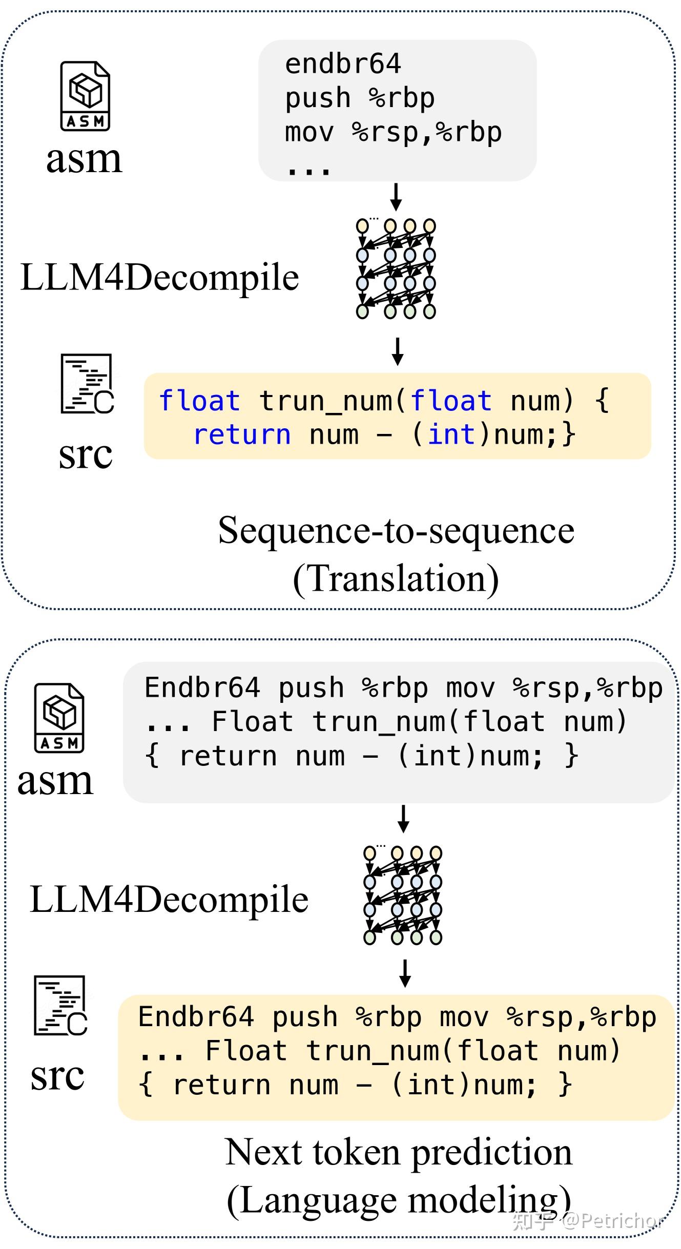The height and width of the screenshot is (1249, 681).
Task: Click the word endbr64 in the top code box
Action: (342, 65)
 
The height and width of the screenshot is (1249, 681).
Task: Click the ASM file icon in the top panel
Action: (85, 96)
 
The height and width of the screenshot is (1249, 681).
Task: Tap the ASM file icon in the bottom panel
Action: (59, 718)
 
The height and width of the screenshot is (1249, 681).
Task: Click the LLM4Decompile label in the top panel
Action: (159, 277)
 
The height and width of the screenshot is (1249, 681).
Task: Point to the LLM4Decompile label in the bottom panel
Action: (169, 899)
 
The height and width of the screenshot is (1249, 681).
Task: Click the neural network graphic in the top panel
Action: (396, 268)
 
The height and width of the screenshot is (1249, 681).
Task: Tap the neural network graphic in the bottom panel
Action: (403, 895)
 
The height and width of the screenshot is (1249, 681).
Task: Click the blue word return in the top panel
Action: (242, 434)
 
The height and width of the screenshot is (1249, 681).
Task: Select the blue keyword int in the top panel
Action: (451, 434)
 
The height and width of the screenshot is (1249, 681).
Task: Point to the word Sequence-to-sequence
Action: (396, 530)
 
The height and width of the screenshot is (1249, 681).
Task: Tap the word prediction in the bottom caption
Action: (492, 1152)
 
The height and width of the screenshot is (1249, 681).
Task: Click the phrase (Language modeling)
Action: (399, 1200)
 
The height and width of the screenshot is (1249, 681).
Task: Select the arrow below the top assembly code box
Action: (396, 197)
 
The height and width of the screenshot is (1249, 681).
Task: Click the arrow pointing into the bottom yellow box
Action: (405, 973)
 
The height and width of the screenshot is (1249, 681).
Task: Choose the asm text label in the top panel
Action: (84, 159)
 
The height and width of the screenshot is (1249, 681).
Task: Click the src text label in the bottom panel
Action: (57, 1075)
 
